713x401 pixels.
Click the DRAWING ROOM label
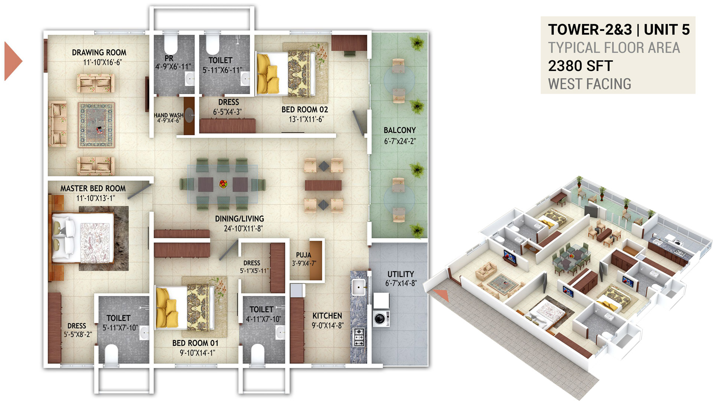[99, 53]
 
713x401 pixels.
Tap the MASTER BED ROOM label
[93, 189]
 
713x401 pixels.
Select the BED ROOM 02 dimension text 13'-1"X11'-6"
[306, 119]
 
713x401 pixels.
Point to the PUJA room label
[303, 255]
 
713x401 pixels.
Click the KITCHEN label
[327, 316]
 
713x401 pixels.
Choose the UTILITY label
[401, 274]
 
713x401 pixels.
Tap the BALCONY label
[400, 130]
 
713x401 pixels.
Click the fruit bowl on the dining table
[223, 184]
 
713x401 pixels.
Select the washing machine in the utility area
[381, 319]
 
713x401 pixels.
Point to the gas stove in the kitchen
[358, 337]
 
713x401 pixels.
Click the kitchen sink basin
[359, 287]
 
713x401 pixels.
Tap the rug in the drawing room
[96, 125]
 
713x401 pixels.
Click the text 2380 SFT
[580, 66]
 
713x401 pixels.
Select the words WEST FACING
[590, 84]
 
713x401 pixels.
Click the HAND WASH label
[169, 115]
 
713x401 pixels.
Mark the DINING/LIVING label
[240, 219]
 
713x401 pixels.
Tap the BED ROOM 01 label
[195, 343]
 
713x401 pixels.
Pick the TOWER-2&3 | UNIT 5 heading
[619, 30]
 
